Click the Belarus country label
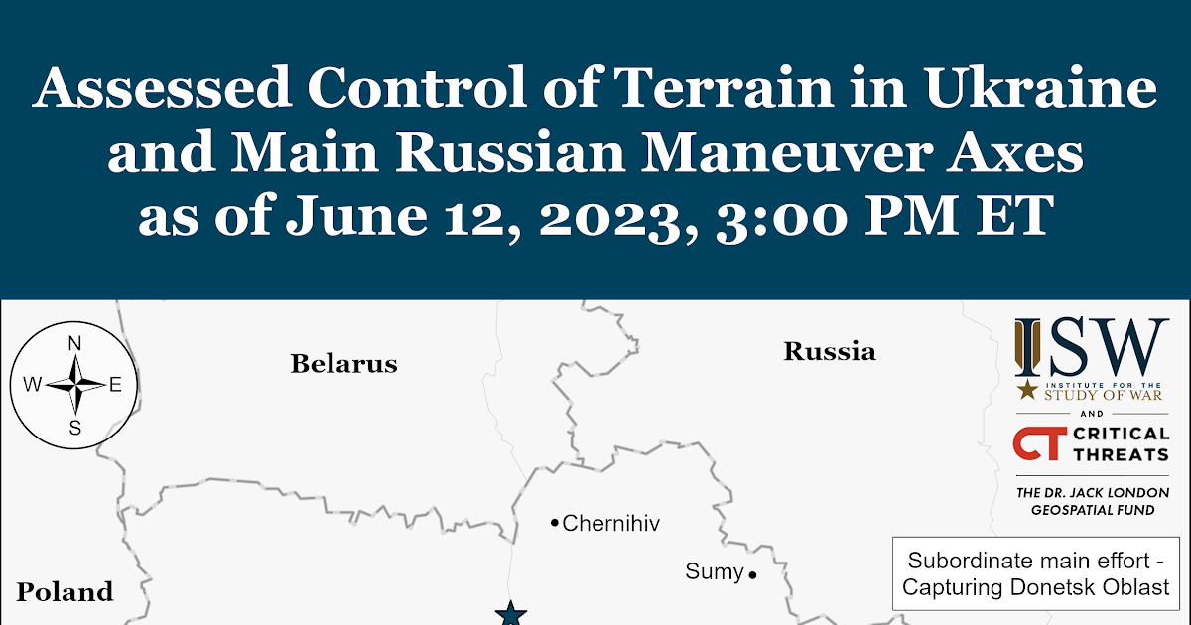(344, 364)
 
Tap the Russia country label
(830, 352)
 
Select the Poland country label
(65, 592)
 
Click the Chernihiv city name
(611, 524)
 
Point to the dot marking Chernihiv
(555, 524)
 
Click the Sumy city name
(714, 572)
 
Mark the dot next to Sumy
(752, 574)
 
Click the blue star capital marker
(511, 614)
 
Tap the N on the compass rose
(75, 344)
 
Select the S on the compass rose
(75, 428)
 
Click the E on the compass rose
(115, 385)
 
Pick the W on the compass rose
(33, 384)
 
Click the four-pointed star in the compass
(75, 384)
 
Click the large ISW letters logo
(1092, 347)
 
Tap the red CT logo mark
(1039, 443)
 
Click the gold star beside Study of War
(1027, 390)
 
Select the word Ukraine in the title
(1040, 87)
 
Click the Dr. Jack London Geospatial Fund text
(1093, 501)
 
